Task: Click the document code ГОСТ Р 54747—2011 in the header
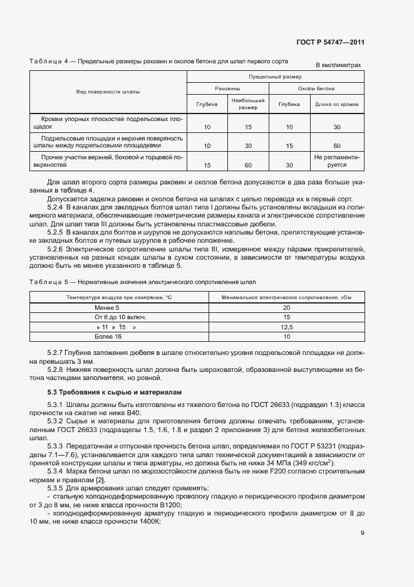tap(330, 43)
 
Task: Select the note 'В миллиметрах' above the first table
tap(338, 65)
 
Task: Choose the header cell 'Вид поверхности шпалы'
tap(108, 92)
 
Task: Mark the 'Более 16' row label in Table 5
tap(108, 337)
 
